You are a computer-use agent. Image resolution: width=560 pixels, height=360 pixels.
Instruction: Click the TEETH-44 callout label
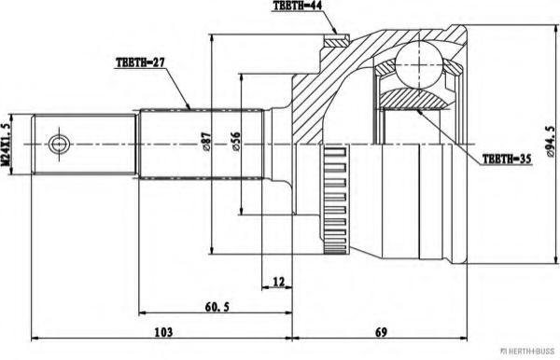297,6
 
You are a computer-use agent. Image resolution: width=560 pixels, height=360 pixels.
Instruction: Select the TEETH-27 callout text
140,62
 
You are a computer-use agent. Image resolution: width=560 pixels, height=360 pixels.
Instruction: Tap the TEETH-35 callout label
507,159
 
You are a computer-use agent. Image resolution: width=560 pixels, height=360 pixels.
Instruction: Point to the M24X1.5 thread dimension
5,145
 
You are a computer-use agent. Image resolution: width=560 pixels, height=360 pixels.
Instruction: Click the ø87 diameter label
206,143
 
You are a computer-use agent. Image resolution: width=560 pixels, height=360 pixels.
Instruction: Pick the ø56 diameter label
236,143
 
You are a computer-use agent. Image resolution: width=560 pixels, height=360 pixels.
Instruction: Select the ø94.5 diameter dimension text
551,142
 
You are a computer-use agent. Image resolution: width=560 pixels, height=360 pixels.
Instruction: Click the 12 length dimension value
278,282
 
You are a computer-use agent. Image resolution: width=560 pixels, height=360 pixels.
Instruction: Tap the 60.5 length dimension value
217,307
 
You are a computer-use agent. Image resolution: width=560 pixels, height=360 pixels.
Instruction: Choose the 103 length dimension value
163,332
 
